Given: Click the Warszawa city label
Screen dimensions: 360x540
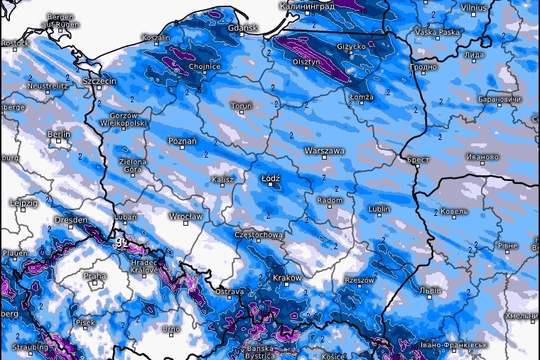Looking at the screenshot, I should click(x=324, y=151).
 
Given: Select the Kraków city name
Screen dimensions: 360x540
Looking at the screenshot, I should click(x=288, y=278).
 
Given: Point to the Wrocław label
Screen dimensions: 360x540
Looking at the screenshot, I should click(x=186, y=216).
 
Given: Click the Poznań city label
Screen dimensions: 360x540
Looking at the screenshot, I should click(x=182, y=141).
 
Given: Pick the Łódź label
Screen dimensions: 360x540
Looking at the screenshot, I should click(x=271, y=178).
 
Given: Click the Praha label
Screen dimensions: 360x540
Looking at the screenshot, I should click(x=94, y=276).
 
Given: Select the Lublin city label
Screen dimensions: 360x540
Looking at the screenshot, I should click(x=380, y=209).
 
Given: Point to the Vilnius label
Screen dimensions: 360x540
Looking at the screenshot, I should click(x=473, y=7).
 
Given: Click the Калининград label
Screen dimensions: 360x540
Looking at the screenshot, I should click(x=307, y=6).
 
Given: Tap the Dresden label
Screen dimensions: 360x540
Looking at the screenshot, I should click(x=70, y=220).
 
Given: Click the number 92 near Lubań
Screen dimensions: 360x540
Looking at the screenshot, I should click(x=121, y=243).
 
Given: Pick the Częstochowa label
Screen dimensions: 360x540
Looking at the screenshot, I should click(x=259, y=234).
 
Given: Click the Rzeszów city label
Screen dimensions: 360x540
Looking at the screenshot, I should click(x=359, y=280).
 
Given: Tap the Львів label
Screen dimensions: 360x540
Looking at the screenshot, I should click(x=431, y=290).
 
